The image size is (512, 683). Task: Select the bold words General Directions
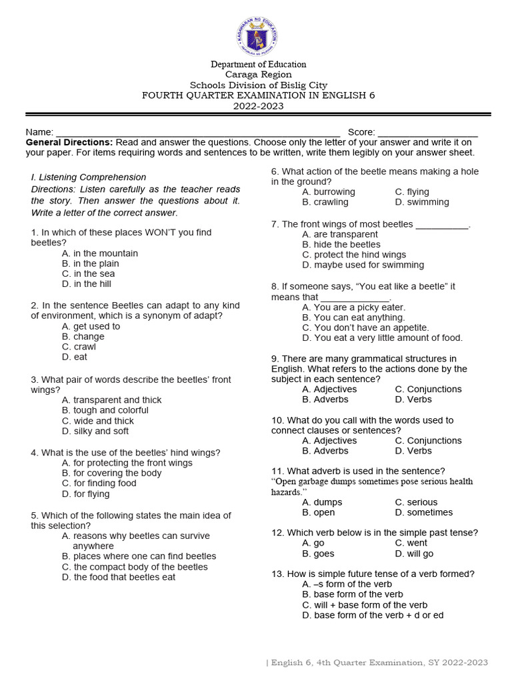pos(69,143)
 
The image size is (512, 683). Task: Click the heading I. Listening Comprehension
pos(89,177)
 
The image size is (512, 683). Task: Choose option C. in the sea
pos(88,274)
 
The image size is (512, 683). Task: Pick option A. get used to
pos(91,327)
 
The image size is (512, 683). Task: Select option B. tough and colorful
pos(105,411)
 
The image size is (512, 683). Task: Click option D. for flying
pos(85,494)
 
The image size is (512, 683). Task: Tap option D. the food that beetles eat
pos(118,578)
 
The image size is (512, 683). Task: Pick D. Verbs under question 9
pos(413,400)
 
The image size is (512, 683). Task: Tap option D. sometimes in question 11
pos(423,513)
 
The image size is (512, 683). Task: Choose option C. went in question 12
pos(411,544)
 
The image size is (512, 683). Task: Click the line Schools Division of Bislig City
pos(259,85)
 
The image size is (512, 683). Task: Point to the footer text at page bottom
pos(377,662)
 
